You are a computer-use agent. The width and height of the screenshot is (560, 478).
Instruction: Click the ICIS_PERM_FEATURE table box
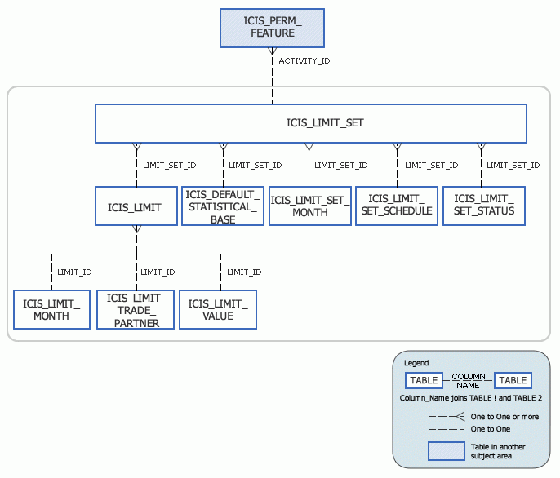pyautogui.click(x=273, y=28)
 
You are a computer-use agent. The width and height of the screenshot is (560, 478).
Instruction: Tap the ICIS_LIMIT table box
pyautogui.click(x=136, y=207)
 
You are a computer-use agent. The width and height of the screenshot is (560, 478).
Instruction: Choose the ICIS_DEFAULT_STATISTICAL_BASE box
pyautogui.click(x=222, y=207)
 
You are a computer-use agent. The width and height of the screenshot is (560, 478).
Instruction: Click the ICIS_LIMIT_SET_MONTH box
pyautogui.click(x=309, y=206)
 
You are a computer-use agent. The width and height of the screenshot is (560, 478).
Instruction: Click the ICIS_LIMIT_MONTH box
pyautogui.click(x=51, y=310)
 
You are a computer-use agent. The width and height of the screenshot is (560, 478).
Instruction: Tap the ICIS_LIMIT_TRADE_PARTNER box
pyautogui.click(x=136, y=310)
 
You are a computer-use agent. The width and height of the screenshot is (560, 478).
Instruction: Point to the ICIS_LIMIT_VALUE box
pyautogui.click(x=217, y=310)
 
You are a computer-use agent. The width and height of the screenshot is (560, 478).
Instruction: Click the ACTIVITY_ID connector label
pyautogui.click(x=304, y=61)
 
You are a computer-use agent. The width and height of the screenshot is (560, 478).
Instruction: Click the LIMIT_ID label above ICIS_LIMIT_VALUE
pyautogui.click(x=243, y=272)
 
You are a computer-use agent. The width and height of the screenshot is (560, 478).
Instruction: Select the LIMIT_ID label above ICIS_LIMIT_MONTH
pyautogui.click(x=73, y=272)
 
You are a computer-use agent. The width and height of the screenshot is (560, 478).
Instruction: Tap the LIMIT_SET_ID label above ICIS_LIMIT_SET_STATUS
pyautogui.click(x=513, y=166)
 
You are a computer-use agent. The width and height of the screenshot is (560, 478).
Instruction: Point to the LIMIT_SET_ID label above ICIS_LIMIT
pyautogui.click(x=169, y=166)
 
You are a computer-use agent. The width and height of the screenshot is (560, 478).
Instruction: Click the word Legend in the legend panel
pyautogui.click(x=416, y=363)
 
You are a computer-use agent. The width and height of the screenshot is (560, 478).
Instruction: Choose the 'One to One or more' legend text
pyautogui.click(x=504, y=417)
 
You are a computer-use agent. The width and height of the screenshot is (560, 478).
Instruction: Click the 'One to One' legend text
pyautogui.click(x=490, y=429)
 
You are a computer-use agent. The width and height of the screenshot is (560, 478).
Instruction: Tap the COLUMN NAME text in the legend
pyautogui.click(x=468, y=380)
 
